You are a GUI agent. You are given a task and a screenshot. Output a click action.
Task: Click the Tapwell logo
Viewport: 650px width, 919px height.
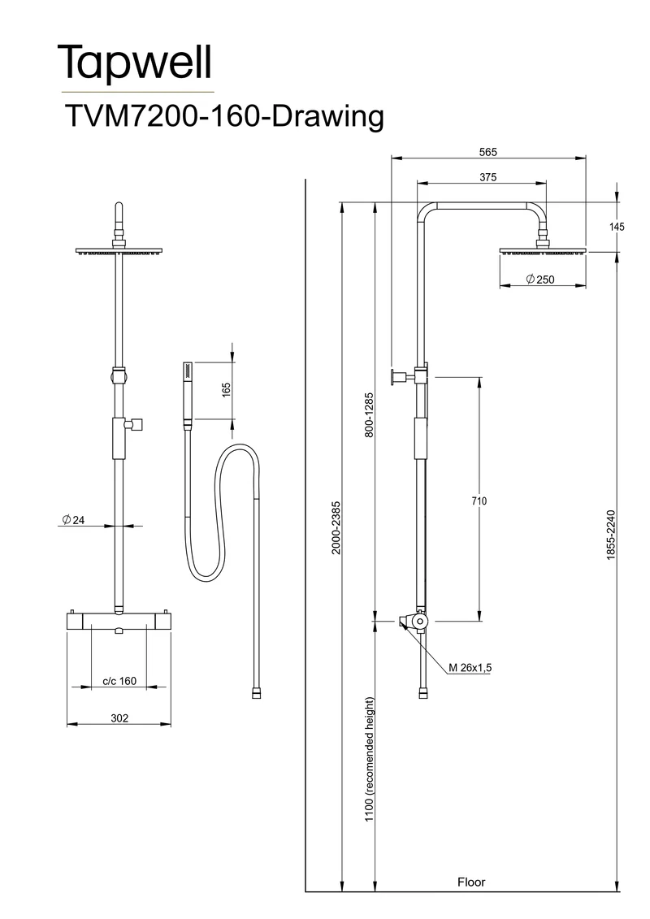pyautogui.click(x=135, y=63)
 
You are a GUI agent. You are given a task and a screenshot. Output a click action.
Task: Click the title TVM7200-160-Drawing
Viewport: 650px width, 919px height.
pyautogui.click(x=224, y=116)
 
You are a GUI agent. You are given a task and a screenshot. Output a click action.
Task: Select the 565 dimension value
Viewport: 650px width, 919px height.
pyautogui.click(x=487, y=153)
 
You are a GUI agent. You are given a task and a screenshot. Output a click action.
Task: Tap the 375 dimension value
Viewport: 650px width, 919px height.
pyautogui.click(x=487, y=177)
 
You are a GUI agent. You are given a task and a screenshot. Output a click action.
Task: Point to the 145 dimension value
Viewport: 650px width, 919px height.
pyautogui.click(x=617, y=226)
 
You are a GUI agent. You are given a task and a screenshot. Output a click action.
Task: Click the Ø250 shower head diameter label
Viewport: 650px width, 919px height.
pyautogui.click(x=539, y=280)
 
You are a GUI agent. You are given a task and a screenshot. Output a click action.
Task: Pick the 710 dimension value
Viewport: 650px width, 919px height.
pyautogui.click(x=479, y=501)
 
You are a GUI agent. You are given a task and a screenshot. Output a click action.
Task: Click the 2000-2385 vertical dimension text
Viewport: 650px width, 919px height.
pyautogui.click(x=336, y=527)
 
